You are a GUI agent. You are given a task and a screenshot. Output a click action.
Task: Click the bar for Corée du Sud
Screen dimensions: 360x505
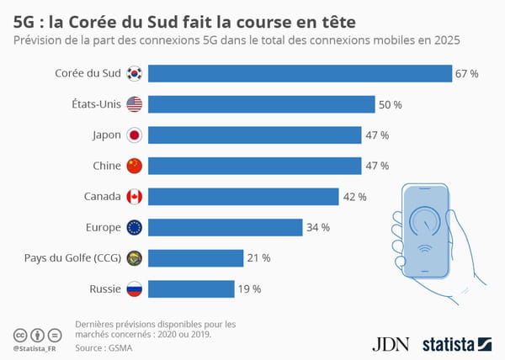pyautogui.click(x=300, y=74)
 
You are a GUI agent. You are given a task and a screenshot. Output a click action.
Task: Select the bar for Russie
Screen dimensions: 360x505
pyautogui.click(x=193, y=289)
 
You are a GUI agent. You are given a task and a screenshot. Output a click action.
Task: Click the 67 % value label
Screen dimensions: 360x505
pyautogui.click(x=467, y=74)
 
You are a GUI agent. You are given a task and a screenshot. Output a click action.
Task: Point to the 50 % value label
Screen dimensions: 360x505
pyautogui.click(x=391, y=104)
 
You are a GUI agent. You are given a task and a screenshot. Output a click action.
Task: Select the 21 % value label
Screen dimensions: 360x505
pyautogui.click(x=258, y=258)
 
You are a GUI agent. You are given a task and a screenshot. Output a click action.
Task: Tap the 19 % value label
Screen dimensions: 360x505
pyautogui.click(x=249, y=289)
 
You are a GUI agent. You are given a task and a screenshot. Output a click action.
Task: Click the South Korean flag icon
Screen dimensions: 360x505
pyautogui.click(x=135, y=74)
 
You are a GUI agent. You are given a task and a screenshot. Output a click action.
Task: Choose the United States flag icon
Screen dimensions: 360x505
pyautogui.click(x=135, y=104)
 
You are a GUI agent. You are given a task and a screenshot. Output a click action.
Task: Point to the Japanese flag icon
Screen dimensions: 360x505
pyautogui.click(x=135, y=135)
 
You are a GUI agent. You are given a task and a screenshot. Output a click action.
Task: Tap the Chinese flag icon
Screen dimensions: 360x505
pyautogui.click(x=135, y=166)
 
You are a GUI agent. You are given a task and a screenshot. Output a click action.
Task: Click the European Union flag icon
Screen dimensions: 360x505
pyautogui.click(x=135, y=227)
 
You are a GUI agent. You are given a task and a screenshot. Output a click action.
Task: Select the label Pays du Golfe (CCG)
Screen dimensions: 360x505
pyautogui.click(x=75, y=258)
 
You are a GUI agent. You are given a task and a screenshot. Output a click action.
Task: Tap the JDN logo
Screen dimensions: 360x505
pyautogui.click(x=389, y=342)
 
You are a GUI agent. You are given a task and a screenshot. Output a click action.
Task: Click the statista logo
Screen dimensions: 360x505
pyautogui.click(x=455, y=342)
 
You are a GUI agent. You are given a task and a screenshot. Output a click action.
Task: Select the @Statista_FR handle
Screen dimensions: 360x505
pyautogui.click(x=35, y=347)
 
